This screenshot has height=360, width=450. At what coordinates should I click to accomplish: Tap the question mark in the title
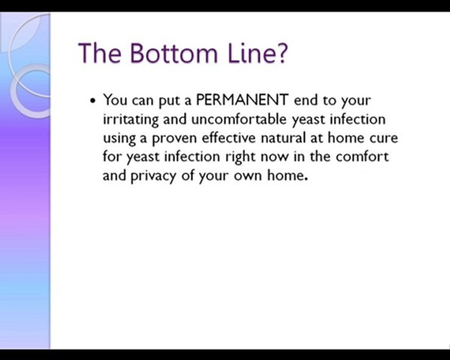coord(281,53)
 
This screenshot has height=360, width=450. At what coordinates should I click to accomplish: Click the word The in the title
coord(100,53)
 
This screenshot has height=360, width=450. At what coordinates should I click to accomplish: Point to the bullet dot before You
coord(92,100)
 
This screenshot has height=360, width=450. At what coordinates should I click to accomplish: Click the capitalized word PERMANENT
coord(242,100)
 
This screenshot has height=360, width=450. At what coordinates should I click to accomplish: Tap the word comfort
coord(362,156)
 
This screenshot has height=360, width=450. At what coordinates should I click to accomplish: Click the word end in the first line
coord(305,100)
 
